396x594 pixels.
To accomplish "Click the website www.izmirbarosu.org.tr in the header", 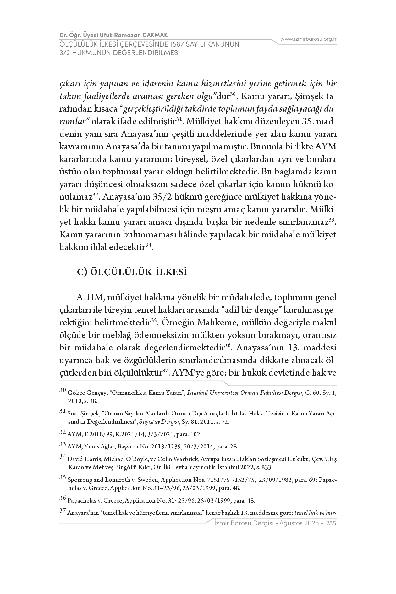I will [308, 39].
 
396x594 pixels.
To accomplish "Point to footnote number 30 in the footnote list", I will [63, 391].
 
